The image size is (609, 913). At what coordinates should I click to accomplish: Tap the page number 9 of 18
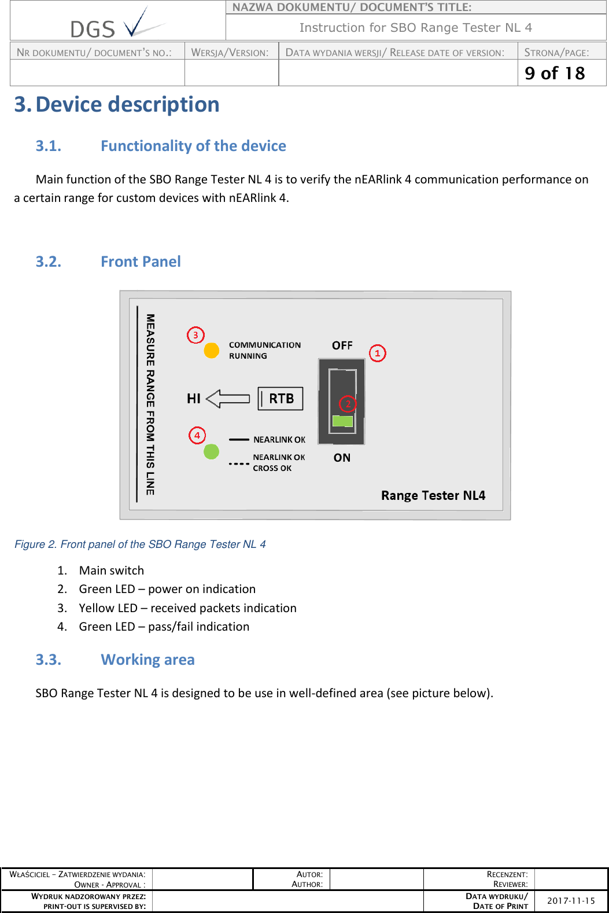tap(555, 73)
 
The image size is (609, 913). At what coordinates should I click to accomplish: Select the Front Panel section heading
tap(141, 262)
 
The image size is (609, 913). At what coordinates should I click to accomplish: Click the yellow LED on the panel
tap(212, 351)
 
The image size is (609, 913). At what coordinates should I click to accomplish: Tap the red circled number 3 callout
tap(195, 335)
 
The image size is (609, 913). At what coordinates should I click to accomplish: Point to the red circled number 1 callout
tap(378, 353)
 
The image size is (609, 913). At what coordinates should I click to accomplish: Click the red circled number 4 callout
tap(197, 435)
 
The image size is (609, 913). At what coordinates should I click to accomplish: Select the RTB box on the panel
tap(280, 399)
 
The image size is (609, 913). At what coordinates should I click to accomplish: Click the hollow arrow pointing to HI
tap(228, 399)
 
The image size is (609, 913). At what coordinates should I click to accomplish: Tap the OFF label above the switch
tap(342, 345)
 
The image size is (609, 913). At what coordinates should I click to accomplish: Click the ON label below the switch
tap(342, 458)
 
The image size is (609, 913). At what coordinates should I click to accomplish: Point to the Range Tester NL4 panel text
tap(433, 495)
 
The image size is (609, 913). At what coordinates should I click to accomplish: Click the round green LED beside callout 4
tap(212, 451)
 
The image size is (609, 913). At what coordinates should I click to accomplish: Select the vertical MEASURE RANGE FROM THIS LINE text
tap(150, 404)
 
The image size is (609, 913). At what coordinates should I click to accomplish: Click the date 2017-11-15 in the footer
tap(571, 901)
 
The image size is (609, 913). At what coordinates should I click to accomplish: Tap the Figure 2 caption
tap(140, 544)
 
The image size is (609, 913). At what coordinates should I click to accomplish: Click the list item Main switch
tap(112, 570)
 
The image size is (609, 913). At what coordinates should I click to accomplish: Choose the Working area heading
tap(147, 660)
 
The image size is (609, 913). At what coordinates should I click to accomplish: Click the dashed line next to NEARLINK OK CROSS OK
tap(239, 464)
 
